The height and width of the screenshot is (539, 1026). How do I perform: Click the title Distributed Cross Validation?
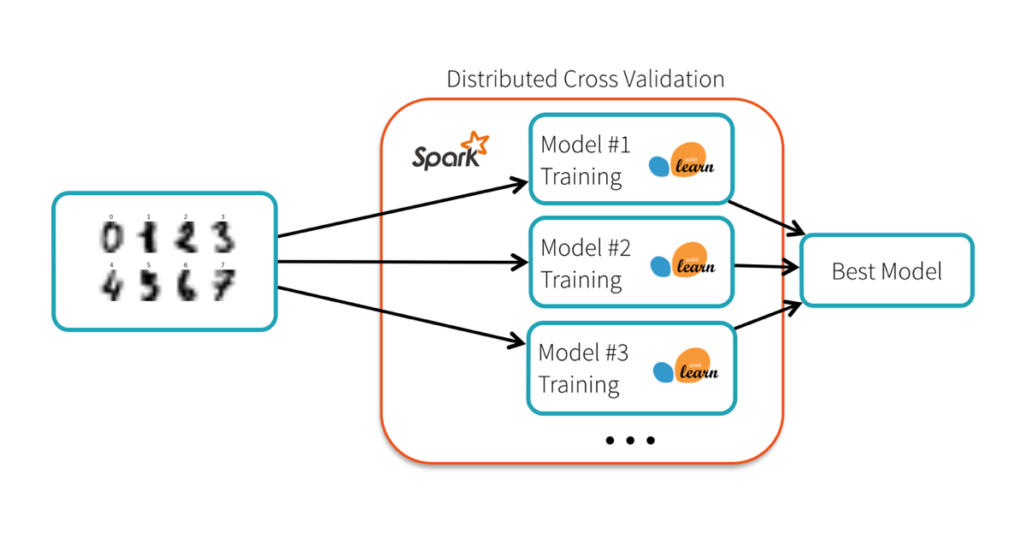585,80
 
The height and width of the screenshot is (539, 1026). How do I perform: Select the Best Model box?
887,271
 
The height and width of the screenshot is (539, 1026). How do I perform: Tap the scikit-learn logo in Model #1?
682,161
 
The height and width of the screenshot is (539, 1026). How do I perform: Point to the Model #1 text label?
586,145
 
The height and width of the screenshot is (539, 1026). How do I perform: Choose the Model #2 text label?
586,248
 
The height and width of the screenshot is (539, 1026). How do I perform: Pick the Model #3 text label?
583,352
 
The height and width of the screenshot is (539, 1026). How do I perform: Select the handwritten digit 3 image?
222,237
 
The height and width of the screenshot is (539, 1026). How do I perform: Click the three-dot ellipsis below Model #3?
630,441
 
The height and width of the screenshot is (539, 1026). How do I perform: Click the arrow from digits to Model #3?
402,317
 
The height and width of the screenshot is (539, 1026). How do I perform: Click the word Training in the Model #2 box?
581,280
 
